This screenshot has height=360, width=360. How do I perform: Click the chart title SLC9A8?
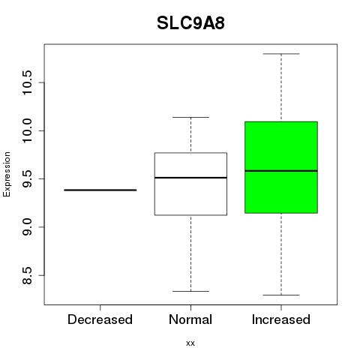190,23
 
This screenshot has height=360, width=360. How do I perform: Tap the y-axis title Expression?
7,174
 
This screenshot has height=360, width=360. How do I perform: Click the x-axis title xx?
190,343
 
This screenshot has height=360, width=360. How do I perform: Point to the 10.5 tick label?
27,82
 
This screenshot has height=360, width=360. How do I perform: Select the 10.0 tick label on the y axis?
27,130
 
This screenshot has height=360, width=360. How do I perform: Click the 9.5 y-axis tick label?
27,179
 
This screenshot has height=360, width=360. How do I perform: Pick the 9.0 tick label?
27,227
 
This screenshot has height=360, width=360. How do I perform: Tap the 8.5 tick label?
27,275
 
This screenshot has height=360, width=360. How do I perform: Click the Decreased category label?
100,319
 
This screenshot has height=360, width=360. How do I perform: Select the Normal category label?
190,319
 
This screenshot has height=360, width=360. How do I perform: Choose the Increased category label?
281,319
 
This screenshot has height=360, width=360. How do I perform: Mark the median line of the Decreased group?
100,190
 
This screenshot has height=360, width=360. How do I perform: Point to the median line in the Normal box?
190,178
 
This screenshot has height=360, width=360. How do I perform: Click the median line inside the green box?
281,171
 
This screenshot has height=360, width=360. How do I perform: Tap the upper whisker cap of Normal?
190,117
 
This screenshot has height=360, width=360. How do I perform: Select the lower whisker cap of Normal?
190,291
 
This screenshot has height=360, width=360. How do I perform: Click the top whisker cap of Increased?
281,54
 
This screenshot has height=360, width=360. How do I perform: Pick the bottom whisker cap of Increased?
281,295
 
